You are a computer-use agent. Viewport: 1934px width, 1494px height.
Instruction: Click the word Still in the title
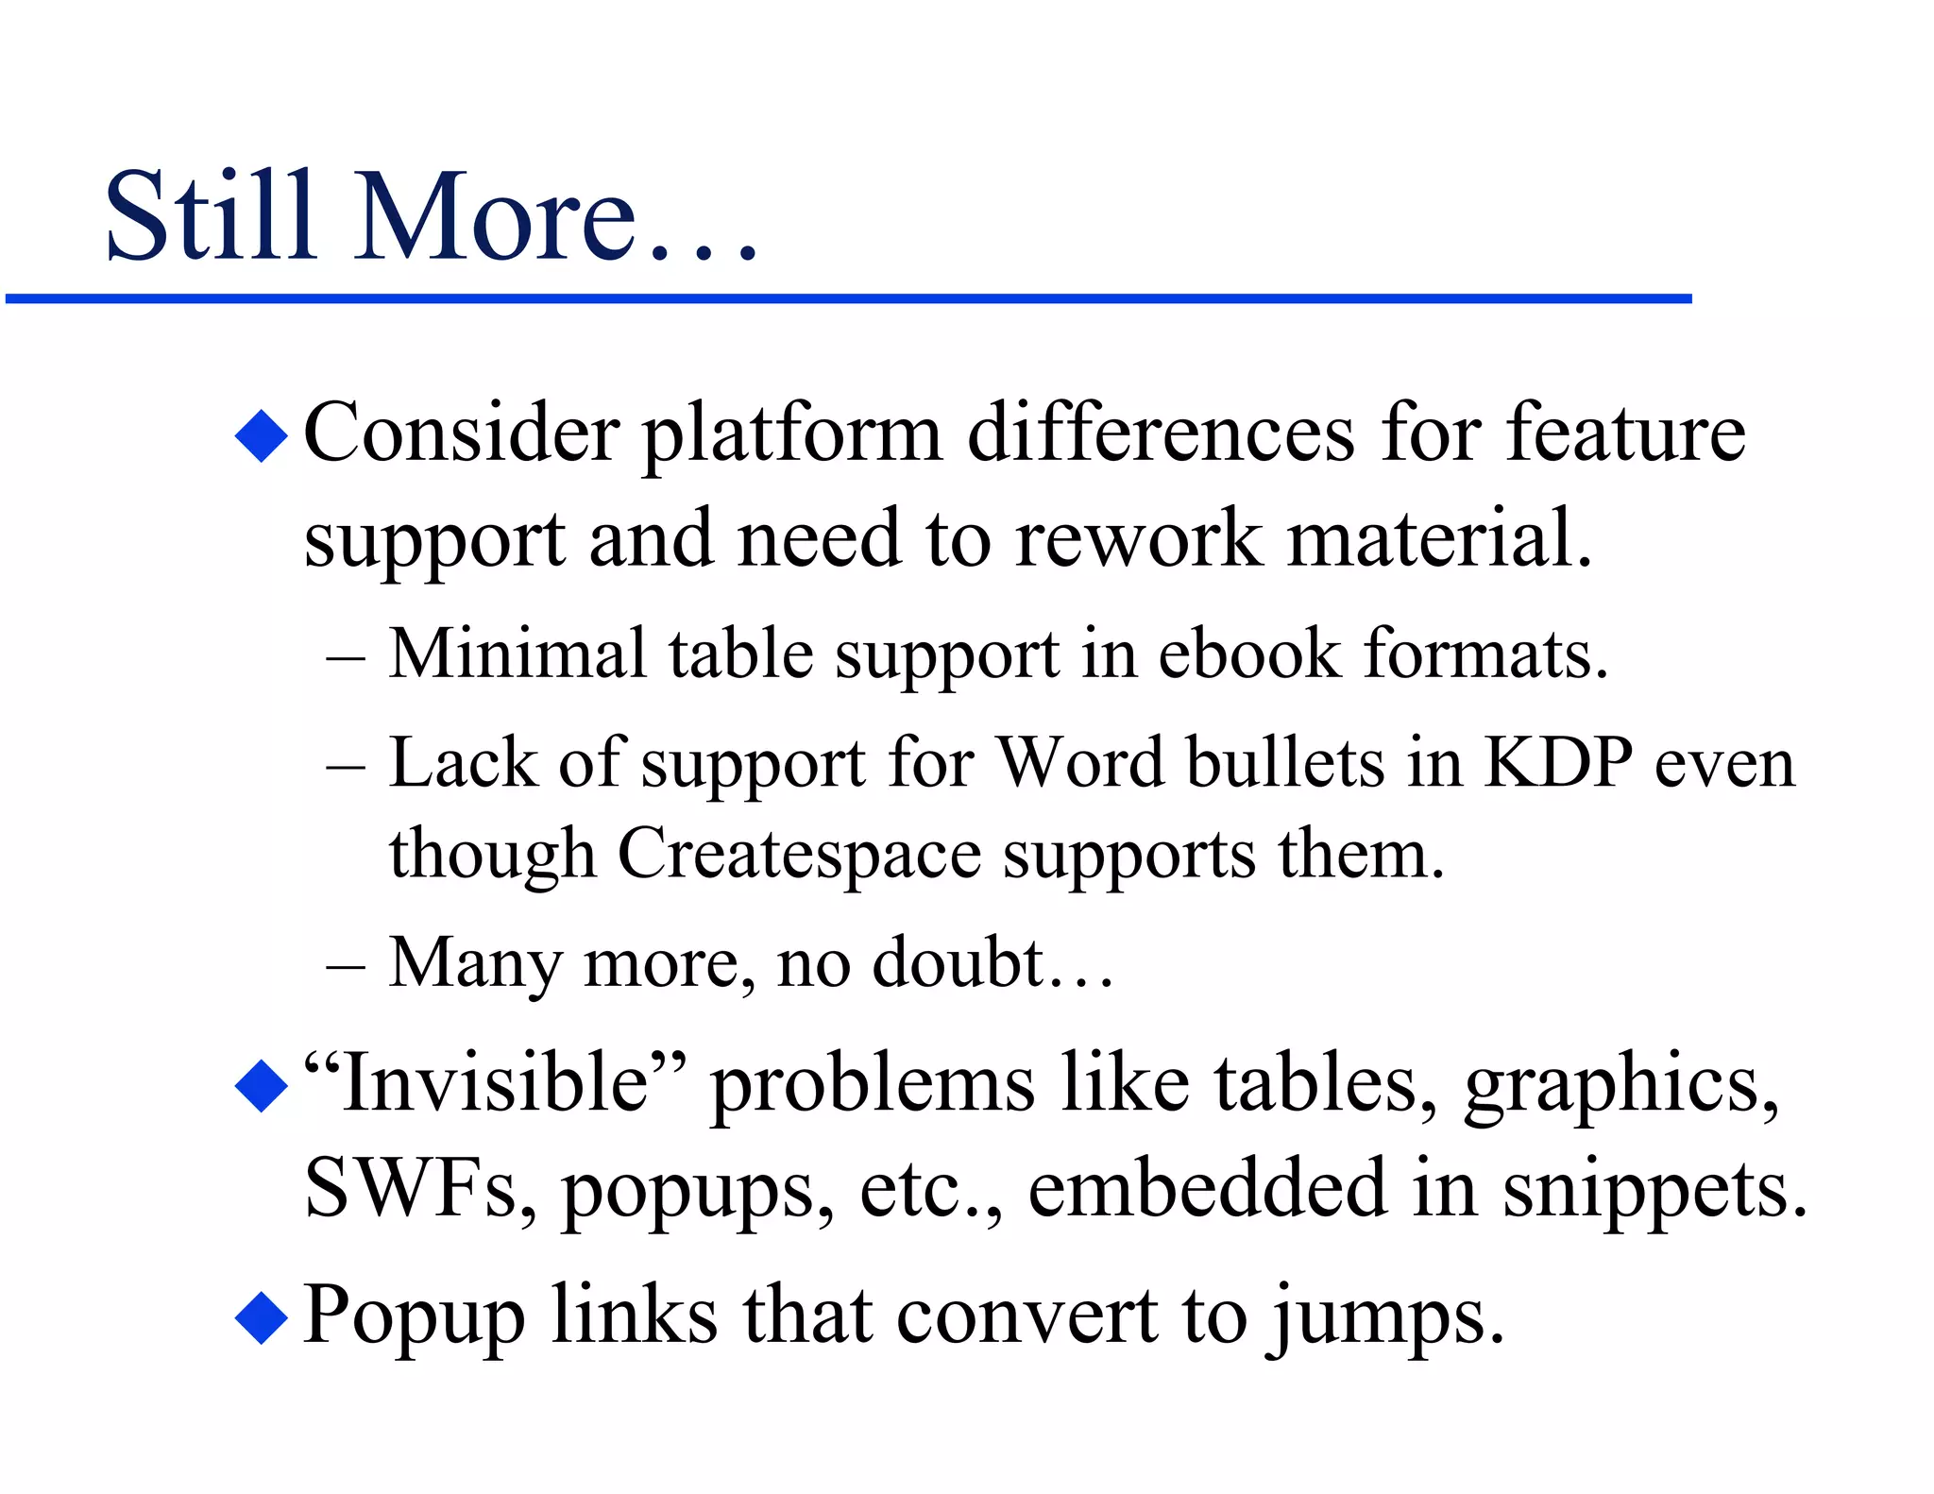(210, 216)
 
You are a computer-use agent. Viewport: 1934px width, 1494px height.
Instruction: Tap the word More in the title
(496, 216)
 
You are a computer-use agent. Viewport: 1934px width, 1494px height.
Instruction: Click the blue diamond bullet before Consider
(262, 435)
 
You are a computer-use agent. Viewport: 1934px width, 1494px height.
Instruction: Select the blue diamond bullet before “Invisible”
(262, 1085)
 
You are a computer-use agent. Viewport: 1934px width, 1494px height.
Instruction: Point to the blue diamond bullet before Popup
(262, 1316)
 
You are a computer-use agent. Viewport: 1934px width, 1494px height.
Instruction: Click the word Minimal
(517, 654)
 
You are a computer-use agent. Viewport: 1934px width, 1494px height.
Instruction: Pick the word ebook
(1248, 654)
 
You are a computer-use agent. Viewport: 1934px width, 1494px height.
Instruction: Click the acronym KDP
(1557, 762)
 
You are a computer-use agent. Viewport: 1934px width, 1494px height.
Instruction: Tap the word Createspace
(799, 856)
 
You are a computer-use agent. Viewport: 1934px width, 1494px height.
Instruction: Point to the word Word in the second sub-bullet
(1080, 762)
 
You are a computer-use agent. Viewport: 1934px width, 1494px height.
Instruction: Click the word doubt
(958, 963)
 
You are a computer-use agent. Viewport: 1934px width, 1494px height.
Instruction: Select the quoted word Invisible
(495, 1082)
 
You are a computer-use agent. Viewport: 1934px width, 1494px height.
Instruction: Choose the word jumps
(1384, 1318)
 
